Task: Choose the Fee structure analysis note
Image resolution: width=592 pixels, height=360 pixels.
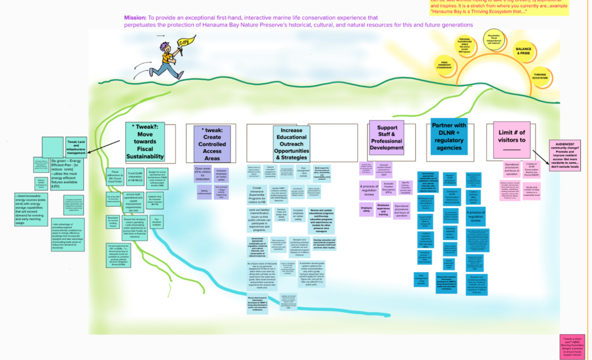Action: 156,221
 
